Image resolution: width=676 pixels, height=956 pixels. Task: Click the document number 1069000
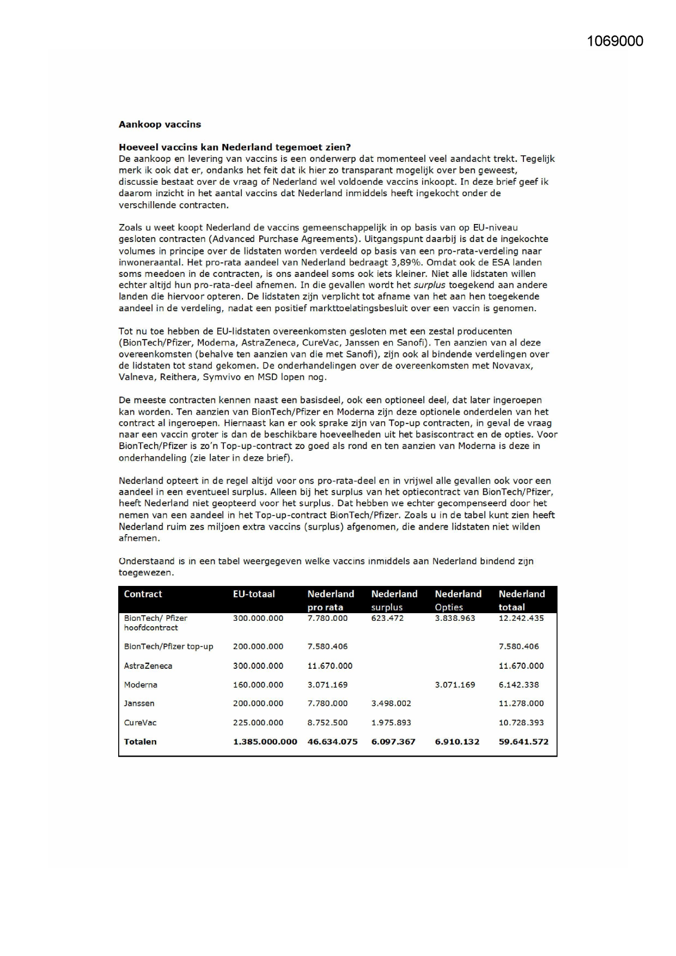pyautogui.click(x=615, y=41)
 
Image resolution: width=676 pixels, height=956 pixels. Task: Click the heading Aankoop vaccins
pyautogui.click(x=160, y=124)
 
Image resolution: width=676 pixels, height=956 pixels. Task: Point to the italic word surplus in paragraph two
pyautogui.click(x=430, y=285)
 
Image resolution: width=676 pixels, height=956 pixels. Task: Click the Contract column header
pyautogui.click(x=143, y=594)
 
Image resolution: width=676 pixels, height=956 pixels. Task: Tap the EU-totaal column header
pyautogui.click(x=254, y=594)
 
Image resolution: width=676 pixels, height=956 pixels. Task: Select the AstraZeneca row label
pyautogui.click(x=148, y=665)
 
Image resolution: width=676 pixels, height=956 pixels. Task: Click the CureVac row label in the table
pyautogui.click(x=140, y=723)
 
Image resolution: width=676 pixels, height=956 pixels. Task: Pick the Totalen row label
pyautogui.click(x=140, y=742)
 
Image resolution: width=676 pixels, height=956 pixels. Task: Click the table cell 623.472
pyautogui.click(x=387, y=618)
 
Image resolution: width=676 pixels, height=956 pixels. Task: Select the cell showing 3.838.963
pyautogui.click(x=455, y=618)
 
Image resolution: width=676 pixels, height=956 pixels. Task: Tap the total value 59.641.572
pyautogui.click(x=523, y=742)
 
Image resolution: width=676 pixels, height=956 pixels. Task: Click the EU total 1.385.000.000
pyautogui.click(x=265, y=742)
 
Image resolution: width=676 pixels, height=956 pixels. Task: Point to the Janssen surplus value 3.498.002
pyautogui.click(x=391, y=704)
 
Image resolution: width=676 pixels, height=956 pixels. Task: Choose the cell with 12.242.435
pyautogui.click(x=521, y=618)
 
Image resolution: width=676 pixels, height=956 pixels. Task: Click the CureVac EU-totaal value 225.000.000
pyautogui.click(x=258, y=723)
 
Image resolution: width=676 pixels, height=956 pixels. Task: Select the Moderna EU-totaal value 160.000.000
pyautogui.click(x=258, y=685)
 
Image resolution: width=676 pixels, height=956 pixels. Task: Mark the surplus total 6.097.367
pyautogui.click(x=393, y=742)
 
